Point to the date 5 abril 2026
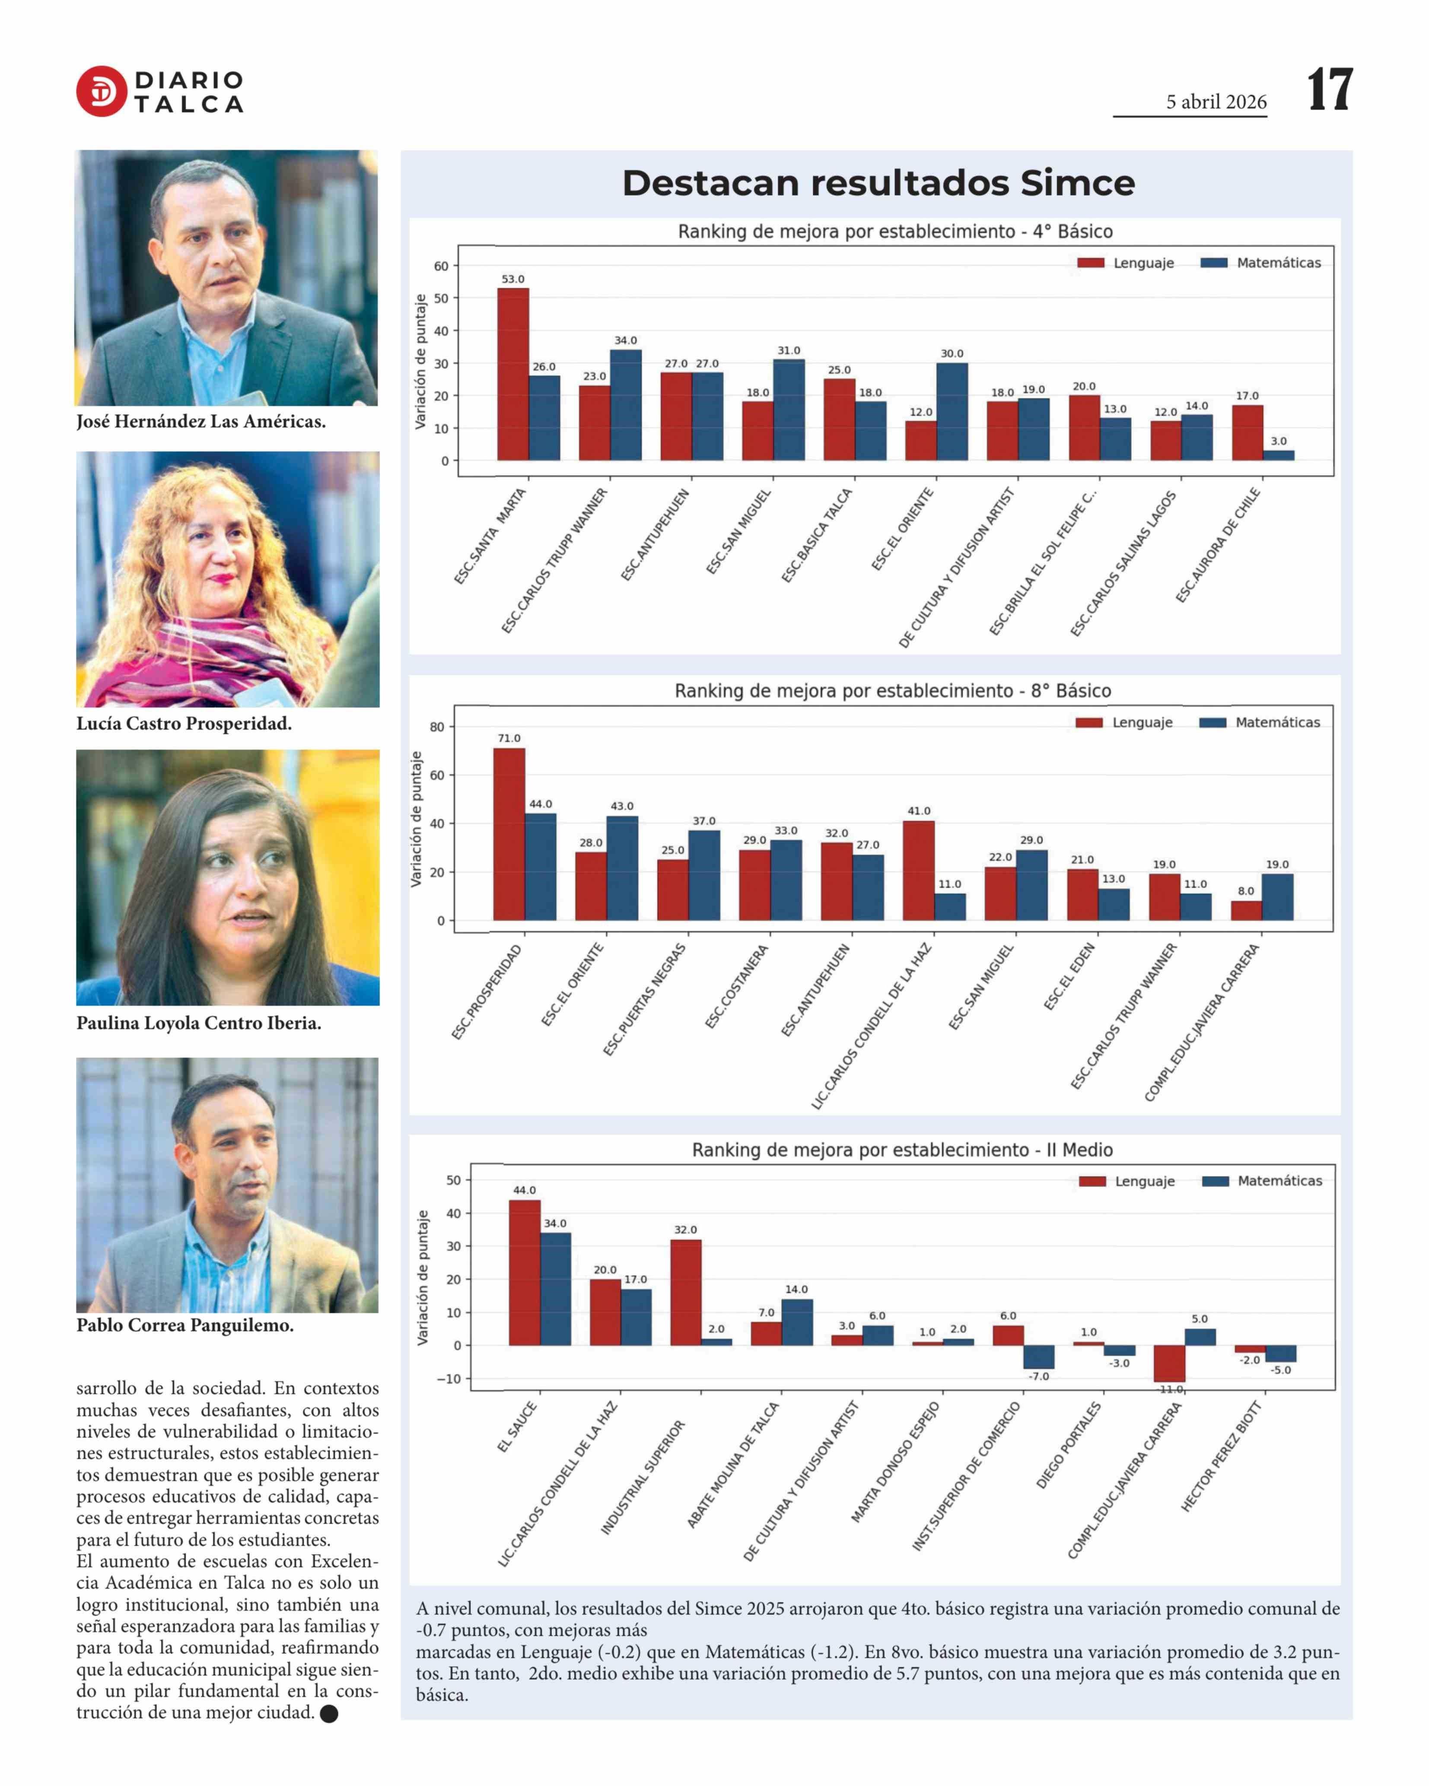[x=1216, y=102]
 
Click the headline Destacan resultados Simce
[x=878, y=183]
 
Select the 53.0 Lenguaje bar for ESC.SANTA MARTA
[x=513, y=375]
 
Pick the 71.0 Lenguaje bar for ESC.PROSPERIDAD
[x=509, y=834]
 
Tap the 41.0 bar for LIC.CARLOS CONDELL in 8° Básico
[x=919, y=871]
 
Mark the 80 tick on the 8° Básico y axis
[x=436, y=727]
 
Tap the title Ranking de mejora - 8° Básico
[x=892, y=691]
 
